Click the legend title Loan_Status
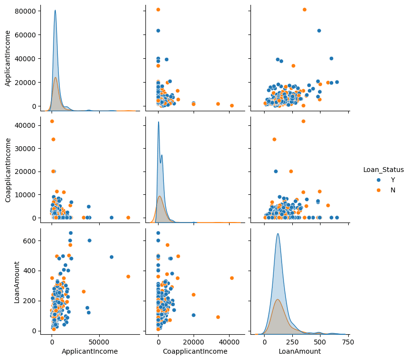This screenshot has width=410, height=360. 383,170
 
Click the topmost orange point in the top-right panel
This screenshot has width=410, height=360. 304,10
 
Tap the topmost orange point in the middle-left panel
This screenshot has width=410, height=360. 52,121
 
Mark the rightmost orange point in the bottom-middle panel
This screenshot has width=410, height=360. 232,278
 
